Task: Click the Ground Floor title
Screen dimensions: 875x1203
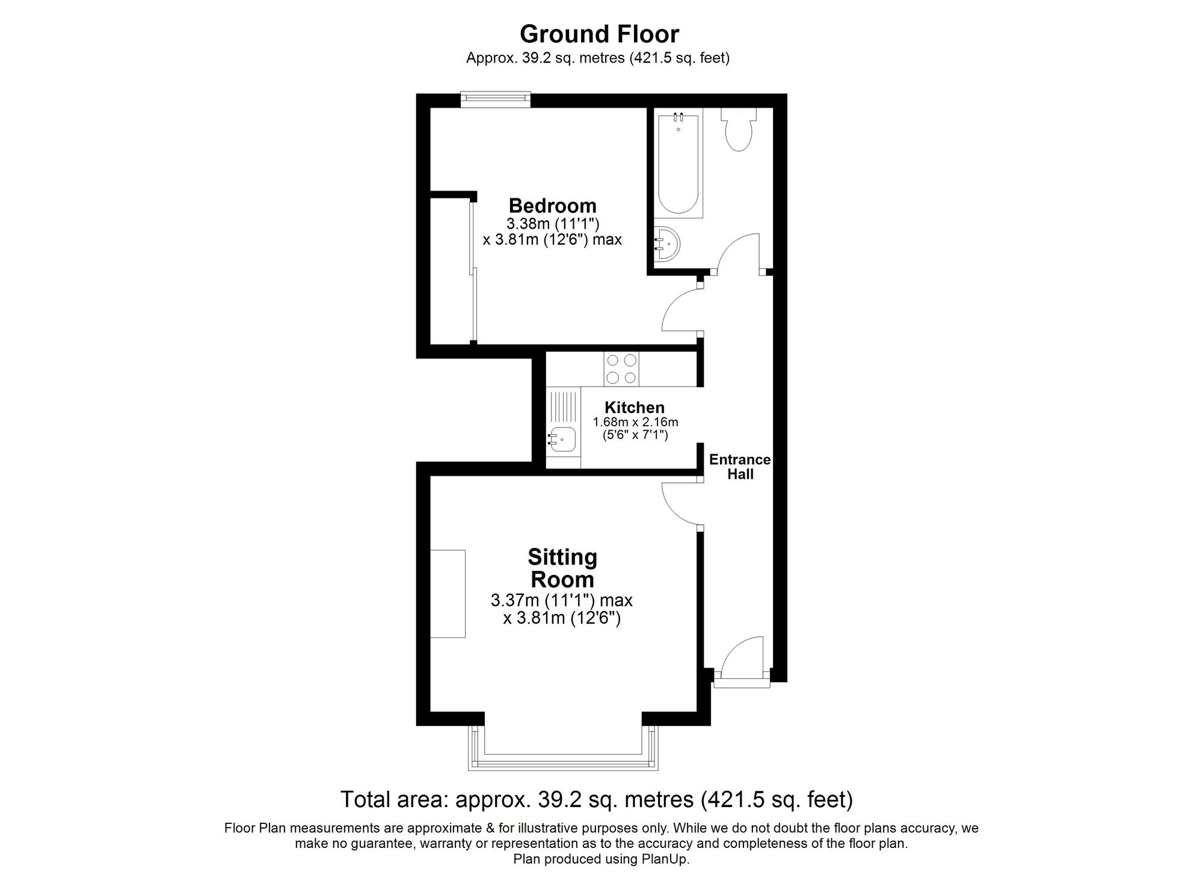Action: click(x=599, y=34)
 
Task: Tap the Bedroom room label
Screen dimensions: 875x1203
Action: click(x=552, y=206)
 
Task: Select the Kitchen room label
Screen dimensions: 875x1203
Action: click(x=635, y=407)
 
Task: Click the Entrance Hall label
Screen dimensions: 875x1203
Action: click(x=740, y=467)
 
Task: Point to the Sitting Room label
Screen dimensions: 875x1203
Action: click(x=562, y=568)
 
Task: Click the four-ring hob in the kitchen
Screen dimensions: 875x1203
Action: click(x=621, y=369)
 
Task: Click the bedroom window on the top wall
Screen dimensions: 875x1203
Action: click(x=496, y=99)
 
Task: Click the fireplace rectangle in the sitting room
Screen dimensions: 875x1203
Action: click(x=448, y=594)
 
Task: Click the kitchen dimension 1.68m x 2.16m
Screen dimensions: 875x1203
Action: click(x=635, y=422)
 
